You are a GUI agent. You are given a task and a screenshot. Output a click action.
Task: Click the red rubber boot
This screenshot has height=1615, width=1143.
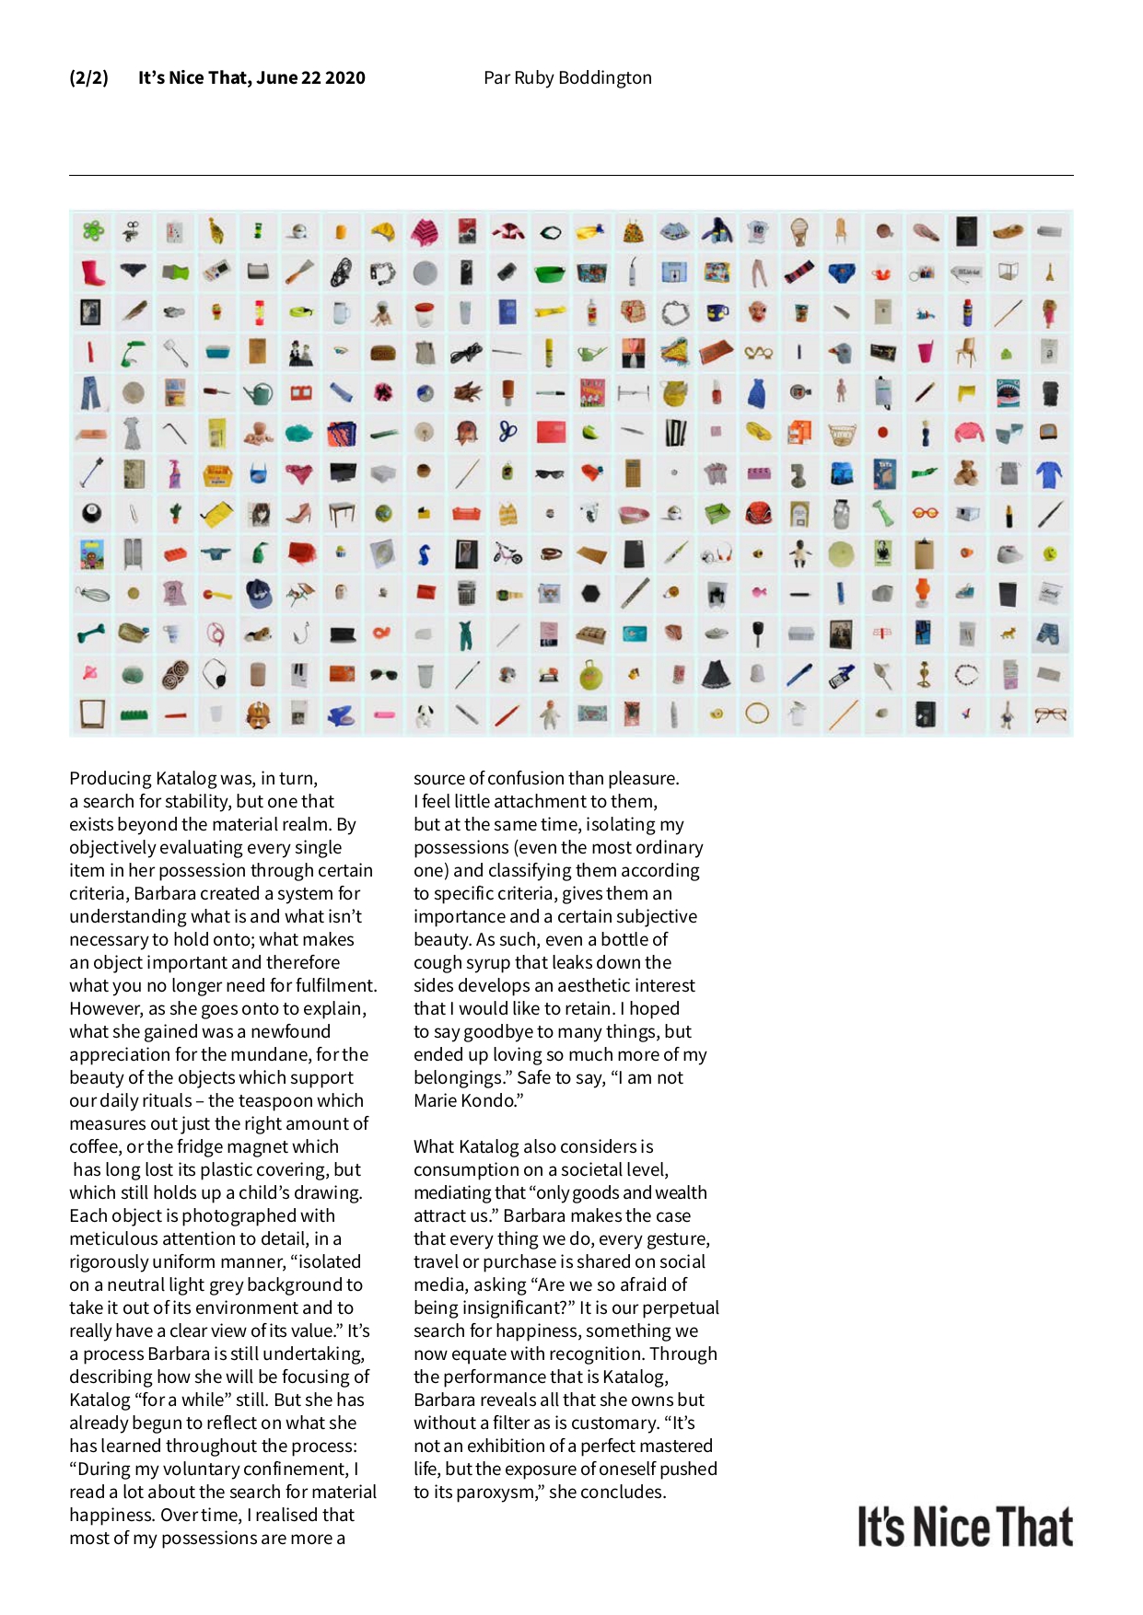pyautogui.click(x=91, y=273)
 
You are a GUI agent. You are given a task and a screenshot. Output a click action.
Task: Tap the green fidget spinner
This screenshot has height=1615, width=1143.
pyautogui.click(x=92, y=230)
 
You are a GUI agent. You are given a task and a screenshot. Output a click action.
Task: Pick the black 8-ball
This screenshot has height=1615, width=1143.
pyautogui.click(x=91, y=514)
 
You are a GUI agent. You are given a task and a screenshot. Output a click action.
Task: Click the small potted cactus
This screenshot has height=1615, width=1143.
pyautogui.click(x=175, y=513)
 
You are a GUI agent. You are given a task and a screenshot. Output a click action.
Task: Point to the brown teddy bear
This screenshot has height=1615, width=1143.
pyautogui.click(x=966, y=473)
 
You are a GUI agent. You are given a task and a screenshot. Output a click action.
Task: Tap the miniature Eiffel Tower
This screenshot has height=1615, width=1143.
pyautogui.click(x=1049, y=273)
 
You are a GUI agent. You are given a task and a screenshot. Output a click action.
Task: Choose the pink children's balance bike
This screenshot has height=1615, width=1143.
pyautogui.click(x=507, y=552)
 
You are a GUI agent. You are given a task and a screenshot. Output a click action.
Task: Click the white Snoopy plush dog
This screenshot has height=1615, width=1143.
pyautogui.click(x=424, y=715)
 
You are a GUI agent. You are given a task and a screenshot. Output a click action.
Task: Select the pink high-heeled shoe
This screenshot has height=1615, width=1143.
pyautogui.click(x=298, y=513)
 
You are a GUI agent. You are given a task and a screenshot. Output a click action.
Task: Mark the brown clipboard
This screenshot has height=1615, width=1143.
pyautogui.click(x=924, y=554)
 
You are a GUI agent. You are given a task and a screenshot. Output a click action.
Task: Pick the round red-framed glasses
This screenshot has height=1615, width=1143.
pyautogui.click(x=925, y=512)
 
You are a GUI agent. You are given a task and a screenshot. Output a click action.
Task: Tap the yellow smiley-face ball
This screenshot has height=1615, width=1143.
pyautogui.click(x=1049, y=553)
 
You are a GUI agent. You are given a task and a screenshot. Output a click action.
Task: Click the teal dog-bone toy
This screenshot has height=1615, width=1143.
pyautogui.click(x=91, y=633)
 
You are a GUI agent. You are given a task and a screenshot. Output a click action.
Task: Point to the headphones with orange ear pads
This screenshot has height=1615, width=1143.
pyautogui.click(x=717, y=553)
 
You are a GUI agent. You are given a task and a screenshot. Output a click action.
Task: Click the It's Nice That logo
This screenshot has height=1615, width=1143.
pyautogui.click(x=965, y=1527)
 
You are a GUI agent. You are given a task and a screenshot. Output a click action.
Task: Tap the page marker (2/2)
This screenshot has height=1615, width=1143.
pyautogui.click(x=88, y=78)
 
